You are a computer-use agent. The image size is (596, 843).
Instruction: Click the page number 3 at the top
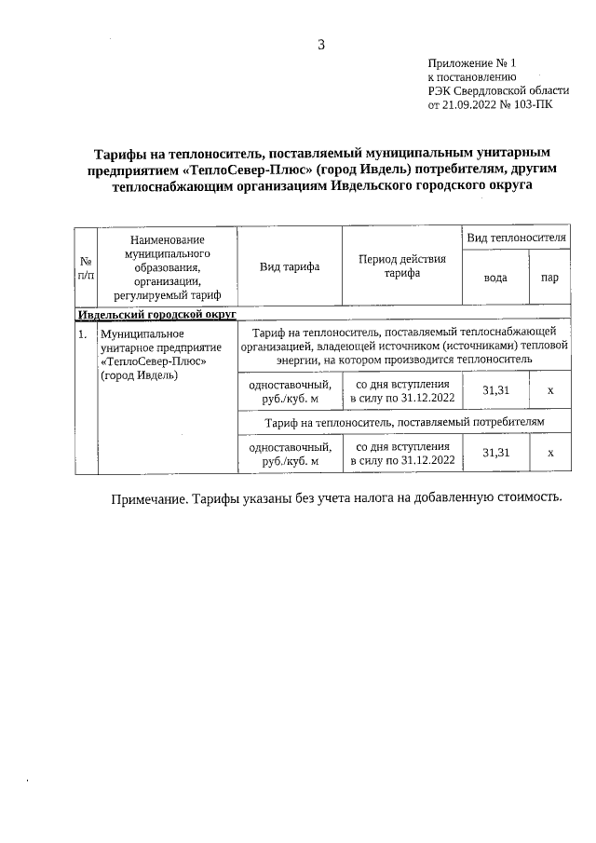tap(321, 44)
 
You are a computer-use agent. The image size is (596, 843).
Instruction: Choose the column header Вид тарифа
tap(290, 266)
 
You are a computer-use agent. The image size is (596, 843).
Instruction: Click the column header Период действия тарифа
tap(402, 265)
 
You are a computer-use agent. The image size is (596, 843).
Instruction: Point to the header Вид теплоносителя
tap(517, 238)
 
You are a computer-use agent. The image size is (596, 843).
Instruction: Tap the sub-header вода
tap(496, 278)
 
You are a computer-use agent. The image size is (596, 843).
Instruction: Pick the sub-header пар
tap(549, 278)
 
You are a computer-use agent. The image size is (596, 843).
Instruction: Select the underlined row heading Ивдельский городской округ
tap(156, 315)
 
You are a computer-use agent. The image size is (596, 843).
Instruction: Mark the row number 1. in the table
tap(83, 333)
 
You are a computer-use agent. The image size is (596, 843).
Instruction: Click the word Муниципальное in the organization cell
tap(142, 333)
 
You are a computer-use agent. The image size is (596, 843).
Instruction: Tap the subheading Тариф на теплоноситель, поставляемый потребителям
tap(404, 423)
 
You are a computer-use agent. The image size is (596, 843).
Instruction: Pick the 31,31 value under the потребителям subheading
tap(495, 452)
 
